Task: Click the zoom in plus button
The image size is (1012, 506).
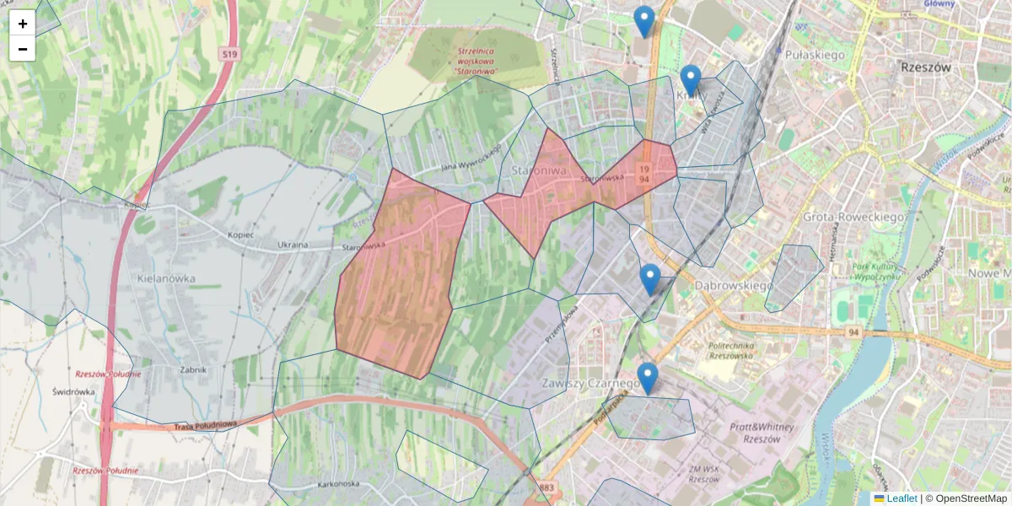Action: click(x=23, y=24)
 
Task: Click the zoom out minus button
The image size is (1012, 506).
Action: click(x=23, y=49)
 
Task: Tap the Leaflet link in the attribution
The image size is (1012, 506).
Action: click(x=902, y=498)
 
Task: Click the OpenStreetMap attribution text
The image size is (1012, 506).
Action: click(x=970, y=498)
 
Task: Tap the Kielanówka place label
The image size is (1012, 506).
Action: click(x=165, y=277)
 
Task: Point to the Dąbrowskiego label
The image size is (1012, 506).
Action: click(x=734, y=286)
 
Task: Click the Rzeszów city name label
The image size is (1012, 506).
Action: click(x=925, y=67)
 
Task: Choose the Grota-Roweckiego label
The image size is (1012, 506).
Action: click(x=854, y=217)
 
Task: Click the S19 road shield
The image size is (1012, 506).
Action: click(x=230, y=55)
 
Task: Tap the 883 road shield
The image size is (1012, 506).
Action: click(x=546, y=487)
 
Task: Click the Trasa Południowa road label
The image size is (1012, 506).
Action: click(x=206, y=425)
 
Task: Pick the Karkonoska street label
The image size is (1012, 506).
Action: click(x=340, y=484)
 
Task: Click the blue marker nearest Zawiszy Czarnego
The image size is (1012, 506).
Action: click(x=648, y=379)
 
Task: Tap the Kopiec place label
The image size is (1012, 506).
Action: click(x=240, y=234)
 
